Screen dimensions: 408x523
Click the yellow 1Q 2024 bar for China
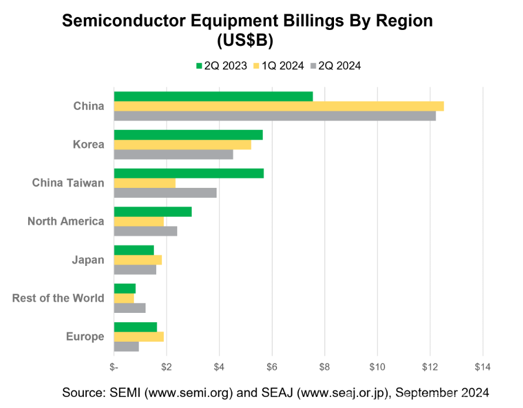tap(278, 106)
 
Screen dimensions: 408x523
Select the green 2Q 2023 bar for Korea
tap(188, 135)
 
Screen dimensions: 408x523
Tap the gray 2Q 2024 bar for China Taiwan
tap(165, 193)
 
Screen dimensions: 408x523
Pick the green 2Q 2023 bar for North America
tap(153, 212)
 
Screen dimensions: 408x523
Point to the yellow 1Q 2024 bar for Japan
tap(137, 260)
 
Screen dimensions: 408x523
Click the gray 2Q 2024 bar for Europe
tap(126, 346)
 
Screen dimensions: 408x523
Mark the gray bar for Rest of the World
tap(129, 308)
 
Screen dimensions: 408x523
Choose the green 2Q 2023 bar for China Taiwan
tap(188, 173)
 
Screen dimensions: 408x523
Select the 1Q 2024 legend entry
tap(278, 66)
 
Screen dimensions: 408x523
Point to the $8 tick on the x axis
tap(325, 367)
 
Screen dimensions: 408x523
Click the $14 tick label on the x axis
tap(482, 367)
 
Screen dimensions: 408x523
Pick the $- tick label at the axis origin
tap(114, 367)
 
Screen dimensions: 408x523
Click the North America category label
tap(66, 221)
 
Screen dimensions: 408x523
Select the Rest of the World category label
tap(58, 298)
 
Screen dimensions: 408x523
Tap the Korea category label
tap(89, 144)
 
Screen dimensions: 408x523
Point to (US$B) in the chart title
tap(245, 41)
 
